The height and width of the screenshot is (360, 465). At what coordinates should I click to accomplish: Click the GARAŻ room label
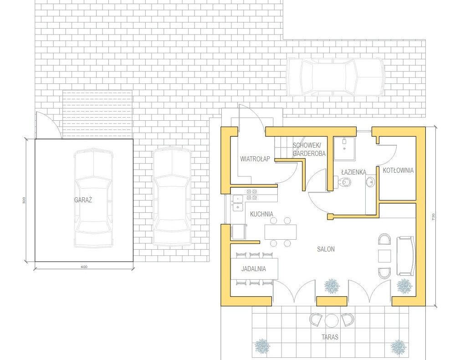point(83,200)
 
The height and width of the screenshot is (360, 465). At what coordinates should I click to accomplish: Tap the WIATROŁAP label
point(255,159)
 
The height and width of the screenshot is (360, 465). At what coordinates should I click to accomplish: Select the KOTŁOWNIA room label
point(398,170)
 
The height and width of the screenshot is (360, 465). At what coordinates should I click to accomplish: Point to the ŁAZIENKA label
point(353,172)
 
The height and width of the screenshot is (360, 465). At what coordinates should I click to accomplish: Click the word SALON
point(326,249)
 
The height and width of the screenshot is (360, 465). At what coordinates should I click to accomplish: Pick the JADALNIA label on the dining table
point(254,269)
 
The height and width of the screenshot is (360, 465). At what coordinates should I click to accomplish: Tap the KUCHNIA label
point(261,214)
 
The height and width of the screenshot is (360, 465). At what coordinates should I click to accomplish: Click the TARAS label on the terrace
point(330,337)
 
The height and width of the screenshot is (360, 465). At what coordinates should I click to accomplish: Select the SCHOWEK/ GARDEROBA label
point(309,149)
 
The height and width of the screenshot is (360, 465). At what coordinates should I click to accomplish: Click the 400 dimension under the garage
point(84,267)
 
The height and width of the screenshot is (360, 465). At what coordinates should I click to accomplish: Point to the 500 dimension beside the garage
point(24,201)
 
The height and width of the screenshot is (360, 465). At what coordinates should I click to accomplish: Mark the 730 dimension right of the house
point(433,216)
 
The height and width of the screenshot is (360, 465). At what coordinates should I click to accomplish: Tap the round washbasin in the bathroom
point(371,181)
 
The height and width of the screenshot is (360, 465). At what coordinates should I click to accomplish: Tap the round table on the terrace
point(331,320)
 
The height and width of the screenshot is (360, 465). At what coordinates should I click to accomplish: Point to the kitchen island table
point(281,232)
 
